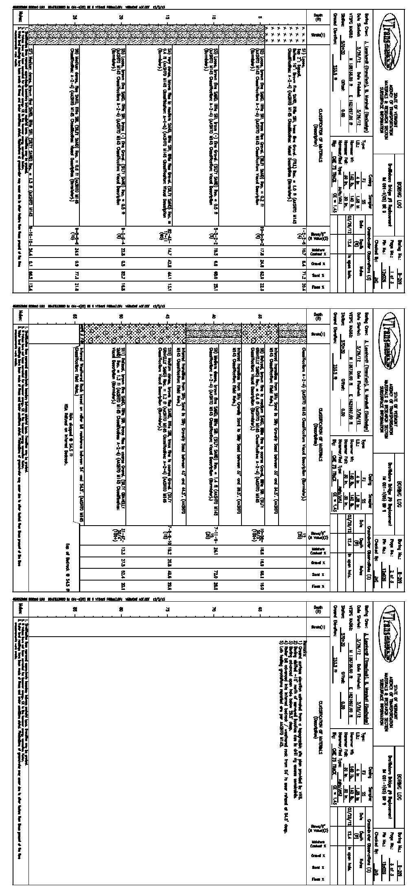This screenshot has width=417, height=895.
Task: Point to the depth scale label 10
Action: point(214,16)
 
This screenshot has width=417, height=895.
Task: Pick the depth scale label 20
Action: point(121,16)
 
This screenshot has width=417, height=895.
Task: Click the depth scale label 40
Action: point(214,316)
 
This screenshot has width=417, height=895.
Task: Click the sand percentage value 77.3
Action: point(74,276)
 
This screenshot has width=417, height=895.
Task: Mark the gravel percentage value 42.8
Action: point(168,264)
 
